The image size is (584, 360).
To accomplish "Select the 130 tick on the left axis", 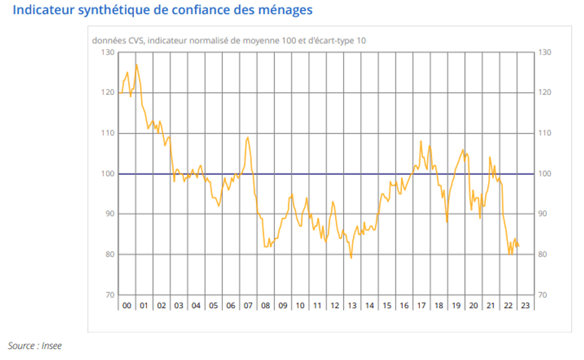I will [108, 52].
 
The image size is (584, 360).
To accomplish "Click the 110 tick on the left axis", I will [108, 133].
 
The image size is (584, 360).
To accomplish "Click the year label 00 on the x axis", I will [126, 305].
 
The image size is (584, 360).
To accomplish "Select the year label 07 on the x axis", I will [248, 305].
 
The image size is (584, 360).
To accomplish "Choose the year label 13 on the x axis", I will [352, 305].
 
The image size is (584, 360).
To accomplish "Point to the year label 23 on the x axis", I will [525, 305].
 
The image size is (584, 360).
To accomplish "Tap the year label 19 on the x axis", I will [456, 305].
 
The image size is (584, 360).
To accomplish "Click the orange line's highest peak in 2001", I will [136, 64].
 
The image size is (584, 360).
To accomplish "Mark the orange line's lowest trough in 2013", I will [351, 258].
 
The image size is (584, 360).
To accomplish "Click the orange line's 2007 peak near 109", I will [247, 138].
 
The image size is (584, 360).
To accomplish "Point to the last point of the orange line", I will [519, 247].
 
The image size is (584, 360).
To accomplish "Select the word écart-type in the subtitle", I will [328, 41].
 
